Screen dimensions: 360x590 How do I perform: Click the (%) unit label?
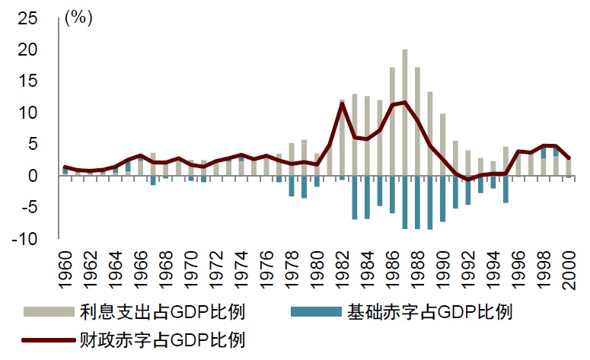[x=78, y=18]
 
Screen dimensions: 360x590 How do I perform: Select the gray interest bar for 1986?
[x=393, y=122]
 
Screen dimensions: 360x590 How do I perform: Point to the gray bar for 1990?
[x=443, y=145]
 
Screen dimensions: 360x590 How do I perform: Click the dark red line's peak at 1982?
[x=343, y=103]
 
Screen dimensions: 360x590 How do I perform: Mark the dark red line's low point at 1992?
[x=468, y=180]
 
